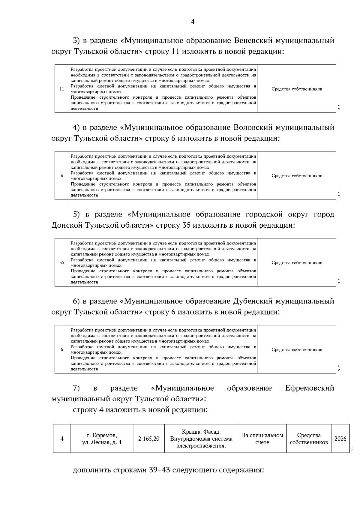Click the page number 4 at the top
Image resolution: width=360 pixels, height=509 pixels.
pos(193,22)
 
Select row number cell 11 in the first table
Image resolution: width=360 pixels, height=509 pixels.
pos(62,89)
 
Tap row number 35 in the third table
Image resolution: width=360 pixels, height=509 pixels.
pos(62,262)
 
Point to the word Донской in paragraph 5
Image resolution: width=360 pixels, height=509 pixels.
pos(67,225)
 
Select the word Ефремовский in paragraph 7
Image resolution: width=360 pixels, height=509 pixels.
pos(310,388)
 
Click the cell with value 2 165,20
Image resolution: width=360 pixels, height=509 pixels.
pos(149,439)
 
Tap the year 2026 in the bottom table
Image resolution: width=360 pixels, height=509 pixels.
pos(340,439)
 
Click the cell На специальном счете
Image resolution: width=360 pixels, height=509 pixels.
pos(262,439)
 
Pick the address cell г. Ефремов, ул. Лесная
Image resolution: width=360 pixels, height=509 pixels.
pos(102,439)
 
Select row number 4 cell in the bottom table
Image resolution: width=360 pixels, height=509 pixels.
pos(62,439)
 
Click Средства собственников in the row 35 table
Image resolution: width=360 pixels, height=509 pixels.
pos(297,262)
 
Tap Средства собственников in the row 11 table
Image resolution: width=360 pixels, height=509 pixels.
pos(297,89)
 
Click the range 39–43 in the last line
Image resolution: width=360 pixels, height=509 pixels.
pos(160,470)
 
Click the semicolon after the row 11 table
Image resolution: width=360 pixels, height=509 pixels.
pos(339,108)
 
